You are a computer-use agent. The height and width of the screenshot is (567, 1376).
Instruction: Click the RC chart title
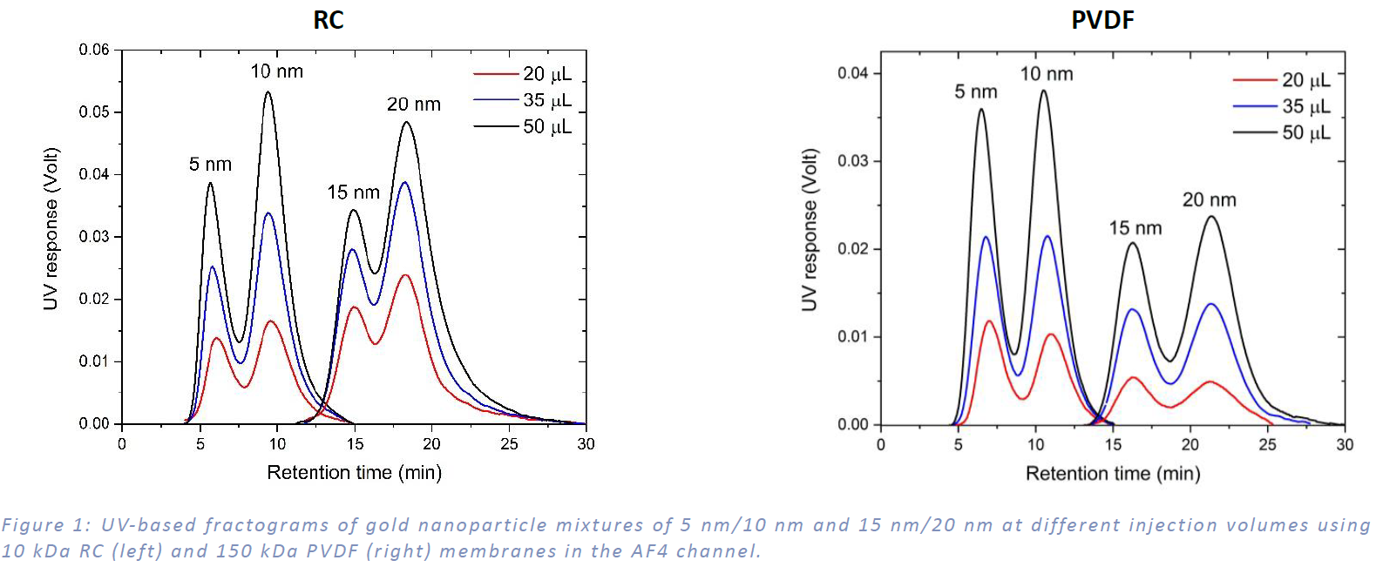pyautogui.click(x=329, y=20)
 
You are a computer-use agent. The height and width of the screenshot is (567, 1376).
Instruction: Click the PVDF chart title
pyautogui.click(x=1102, y=20)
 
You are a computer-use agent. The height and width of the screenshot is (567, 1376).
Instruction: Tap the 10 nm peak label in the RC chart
pyautogui.click(x=277, y=71)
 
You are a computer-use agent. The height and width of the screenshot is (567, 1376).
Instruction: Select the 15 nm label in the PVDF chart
pyautogui.click(x=1135, y=228)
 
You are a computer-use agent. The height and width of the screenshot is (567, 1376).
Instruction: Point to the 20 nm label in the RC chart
pyautogui.click(x=414, y=105)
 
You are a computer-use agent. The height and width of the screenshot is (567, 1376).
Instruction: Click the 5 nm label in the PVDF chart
pyautogui.click(x=975, y=91)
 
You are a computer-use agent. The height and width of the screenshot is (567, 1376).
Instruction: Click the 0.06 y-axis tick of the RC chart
pyautogui.click(x=94, y=50)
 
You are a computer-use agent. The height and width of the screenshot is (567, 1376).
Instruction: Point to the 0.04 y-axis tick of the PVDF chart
pyautogui.click(x=853, y=73)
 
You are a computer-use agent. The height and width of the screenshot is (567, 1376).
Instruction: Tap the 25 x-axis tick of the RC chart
pyautogui.click(x=509, y=444)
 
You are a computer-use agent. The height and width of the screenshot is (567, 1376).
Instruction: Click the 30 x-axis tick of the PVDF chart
pyautogui.click(x=1345, y=445)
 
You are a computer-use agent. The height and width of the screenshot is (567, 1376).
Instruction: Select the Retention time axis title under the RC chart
pyautogui.click(x=354, y=472)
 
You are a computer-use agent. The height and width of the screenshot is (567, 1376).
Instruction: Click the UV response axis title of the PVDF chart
pyautogui.click(x=810, y=230)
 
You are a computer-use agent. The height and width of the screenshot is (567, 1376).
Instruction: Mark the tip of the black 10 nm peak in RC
pyautogui.click(x=268, y=92)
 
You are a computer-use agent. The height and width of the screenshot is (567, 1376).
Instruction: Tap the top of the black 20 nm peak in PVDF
pyautogui.click(x=1211, y=217)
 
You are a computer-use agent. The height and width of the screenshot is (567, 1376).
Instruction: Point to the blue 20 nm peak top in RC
pyautogui.click(x=404, y=183)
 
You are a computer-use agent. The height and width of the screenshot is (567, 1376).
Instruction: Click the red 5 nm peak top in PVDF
pyautogui.click(x=990, y=321)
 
